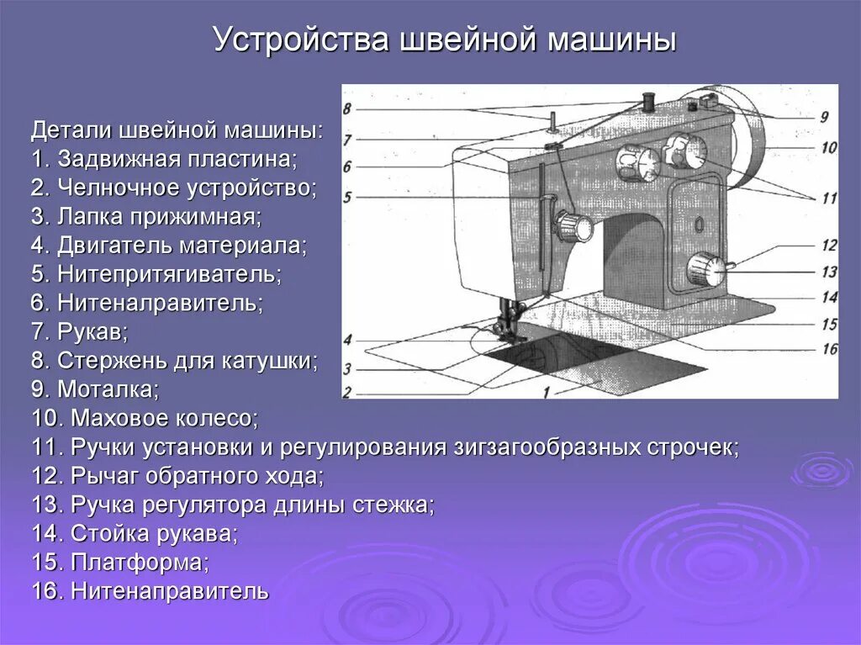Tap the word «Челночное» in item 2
click(107, 188)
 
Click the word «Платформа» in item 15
click(140, 562)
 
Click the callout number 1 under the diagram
click(547, 391)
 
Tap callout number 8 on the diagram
click(347, 108)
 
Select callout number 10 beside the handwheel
click(829, 148)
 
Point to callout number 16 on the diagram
click(829, 348)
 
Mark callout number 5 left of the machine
click(347, 198)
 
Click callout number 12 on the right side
click(829, 246)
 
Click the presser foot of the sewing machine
click(508, 327)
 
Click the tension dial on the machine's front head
click(572, 226)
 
